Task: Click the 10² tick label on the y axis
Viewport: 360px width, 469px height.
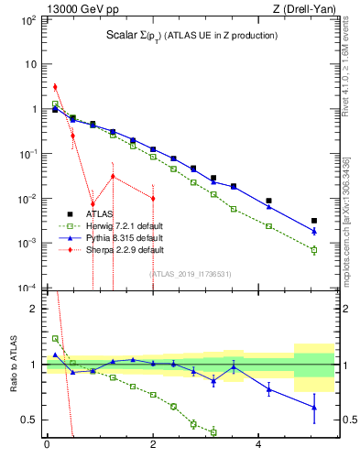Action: [27, 20]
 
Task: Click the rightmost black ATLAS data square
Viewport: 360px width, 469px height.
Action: [314, 221]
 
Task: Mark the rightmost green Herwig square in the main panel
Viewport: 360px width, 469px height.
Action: [314, 250]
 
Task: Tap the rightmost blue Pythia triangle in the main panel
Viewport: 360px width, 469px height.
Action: [314, 231]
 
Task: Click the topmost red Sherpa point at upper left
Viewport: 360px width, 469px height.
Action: [55, 87]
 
